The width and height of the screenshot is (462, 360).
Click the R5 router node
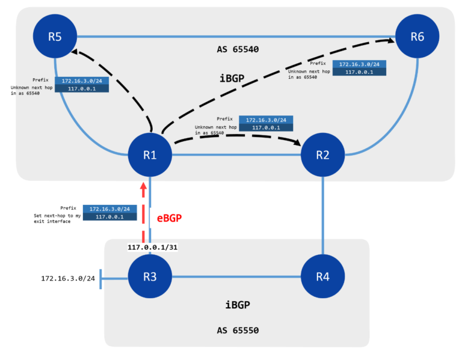coord(55,36)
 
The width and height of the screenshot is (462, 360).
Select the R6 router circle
coord(417,36)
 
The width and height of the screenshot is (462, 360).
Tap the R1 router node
coord(150,155)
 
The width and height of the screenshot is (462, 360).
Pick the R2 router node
coord(323,155)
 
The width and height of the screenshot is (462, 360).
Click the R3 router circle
coord(150,277)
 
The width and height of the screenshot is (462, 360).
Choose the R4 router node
coord(323,277)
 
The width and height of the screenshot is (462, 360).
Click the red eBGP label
coord(170,219)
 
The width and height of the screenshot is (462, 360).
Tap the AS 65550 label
coord(239,331)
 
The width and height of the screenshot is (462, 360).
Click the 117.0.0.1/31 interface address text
coord(153,246)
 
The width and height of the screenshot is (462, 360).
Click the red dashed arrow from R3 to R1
coord(143,213)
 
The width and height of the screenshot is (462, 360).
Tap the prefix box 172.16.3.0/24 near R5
coord(81,81)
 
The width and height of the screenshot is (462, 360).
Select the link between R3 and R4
coord(236,277)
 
